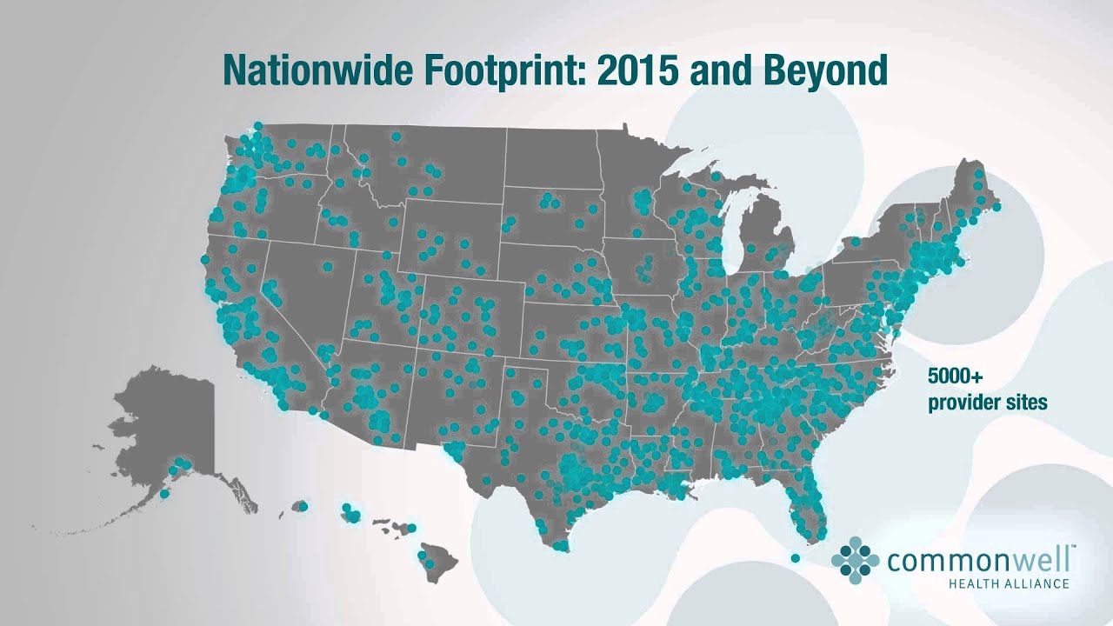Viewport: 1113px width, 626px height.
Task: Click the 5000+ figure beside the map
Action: pyautogui.click(x=955, y=377)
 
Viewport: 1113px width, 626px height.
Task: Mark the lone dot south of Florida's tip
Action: pyautogui.click(x=795, y=558)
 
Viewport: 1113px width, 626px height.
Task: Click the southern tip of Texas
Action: pyautogui.click(x=556, y=543)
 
